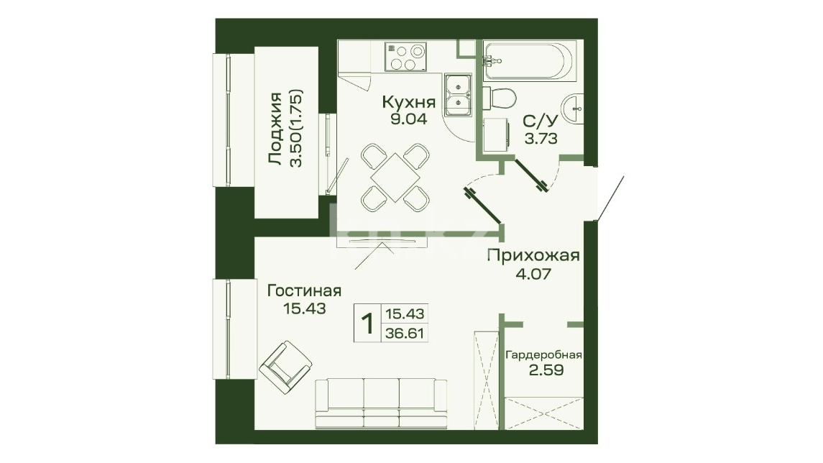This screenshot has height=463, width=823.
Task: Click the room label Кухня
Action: pos(408,101)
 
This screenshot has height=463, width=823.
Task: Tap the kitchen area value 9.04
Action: pos(408,119)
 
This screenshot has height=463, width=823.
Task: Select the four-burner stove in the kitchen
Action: pos(405,57)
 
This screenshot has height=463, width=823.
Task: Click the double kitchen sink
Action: pos(458,95)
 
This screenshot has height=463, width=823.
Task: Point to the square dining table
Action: pos(395,177)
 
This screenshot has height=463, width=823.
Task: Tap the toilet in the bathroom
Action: pos(499,98)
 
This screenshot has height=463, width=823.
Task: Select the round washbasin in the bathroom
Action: pos(573,110)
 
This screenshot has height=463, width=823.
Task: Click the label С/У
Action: pos(540,122)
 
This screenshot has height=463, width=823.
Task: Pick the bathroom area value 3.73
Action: pos(541,139)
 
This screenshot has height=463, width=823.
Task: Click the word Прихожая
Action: pos(533,256)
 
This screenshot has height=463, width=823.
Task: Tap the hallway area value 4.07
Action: pos(533,273)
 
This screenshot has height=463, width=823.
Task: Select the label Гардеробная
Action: pos(543,355)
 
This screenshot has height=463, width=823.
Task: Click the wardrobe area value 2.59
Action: pos(546,370)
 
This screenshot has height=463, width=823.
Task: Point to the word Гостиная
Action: pos(305,291)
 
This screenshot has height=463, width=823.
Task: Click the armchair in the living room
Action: pos(285,367)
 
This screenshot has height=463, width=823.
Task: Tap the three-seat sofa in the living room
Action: pos(381,403)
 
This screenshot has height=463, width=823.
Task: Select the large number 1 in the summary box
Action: pos(367,323)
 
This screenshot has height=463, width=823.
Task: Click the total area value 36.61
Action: pos(405,333)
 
